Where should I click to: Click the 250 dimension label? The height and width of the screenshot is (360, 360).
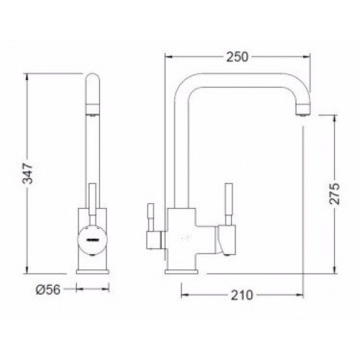click(238, 57)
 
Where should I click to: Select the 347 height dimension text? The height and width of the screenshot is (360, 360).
click(27, 174)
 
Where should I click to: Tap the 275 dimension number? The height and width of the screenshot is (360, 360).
click(334, 194)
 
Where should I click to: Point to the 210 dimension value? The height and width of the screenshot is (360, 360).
click(242, 295)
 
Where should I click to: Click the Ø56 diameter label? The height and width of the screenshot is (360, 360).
click(48, 289)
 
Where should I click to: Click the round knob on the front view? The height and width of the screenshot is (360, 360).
click(93, 240)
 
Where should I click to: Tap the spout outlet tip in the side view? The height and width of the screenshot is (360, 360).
click(303, 110)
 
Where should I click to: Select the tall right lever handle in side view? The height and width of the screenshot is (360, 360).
click(229, 204)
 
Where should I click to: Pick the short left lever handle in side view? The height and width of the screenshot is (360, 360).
click(151, 217)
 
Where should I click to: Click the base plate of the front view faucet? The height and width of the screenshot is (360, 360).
click(93, 271)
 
